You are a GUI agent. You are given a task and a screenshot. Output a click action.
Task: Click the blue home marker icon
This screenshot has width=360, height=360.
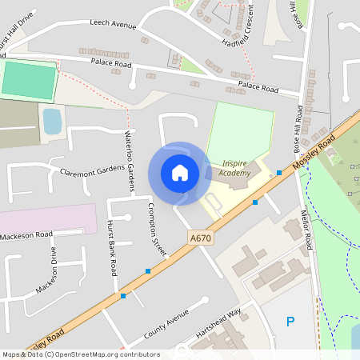(180, 172)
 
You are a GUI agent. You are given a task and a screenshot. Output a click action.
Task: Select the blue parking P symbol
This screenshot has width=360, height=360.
(290, 322)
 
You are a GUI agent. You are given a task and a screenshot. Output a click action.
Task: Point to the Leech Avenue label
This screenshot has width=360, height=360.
(113, 25)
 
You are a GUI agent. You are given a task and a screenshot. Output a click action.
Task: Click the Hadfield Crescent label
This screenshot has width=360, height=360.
(243, 32)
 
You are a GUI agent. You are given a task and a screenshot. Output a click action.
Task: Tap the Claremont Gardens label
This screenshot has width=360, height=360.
(93, 170)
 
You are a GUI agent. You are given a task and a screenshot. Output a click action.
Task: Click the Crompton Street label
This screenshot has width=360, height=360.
(156, 229)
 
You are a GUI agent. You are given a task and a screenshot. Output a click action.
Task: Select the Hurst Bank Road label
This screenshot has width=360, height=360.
(112, 248)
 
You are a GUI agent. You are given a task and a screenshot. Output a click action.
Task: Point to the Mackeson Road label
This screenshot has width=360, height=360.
(26, 234)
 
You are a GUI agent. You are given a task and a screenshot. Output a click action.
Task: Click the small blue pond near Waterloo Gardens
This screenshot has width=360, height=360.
(51, 122)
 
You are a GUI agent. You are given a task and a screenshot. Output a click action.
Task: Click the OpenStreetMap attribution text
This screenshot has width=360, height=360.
(80, 354)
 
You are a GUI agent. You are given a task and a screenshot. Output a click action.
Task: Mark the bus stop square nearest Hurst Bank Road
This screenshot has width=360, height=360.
(123, 296)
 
